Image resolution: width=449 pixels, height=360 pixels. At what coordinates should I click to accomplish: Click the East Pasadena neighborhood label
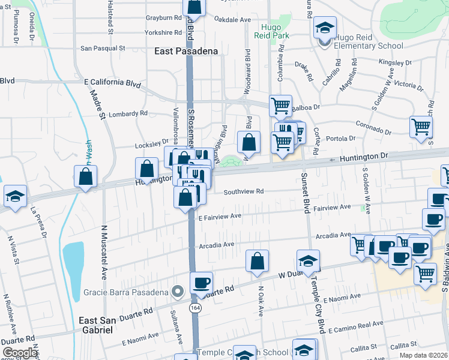[x=185, y=52]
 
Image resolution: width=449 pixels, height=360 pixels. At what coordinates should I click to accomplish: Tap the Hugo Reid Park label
[x=276, y=31]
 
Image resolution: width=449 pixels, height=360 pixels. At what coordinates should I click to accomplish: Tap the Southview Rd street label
[x=244, y=192]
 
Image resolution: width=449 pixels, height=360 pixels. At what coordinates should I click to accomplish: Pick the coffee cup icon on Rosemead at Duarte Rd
[x=201, y=282]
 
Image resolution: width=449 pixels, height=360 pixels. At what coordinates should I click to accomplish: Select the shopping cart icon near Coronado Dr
[x=421, y=127]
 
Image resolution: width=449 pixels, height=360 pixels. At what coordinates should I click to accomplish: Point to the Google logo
[x=20, y=352]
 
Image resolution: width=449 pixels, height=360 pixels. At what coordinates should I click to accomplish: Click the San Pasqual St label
[x=103, y=47]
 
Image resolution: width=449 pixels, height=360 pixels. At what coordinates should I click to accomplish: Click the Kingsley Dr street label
[x=392, y=62]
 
